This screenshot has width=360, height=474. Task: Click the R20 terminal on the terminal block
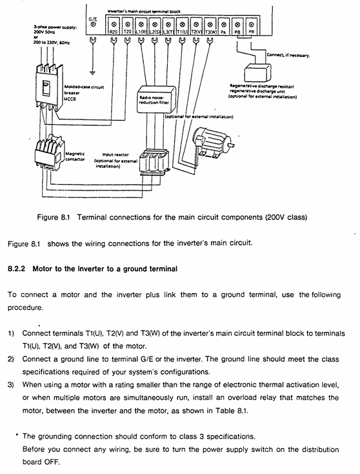(114, 26)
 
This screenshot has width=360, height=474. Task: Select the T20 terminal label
(128, 32)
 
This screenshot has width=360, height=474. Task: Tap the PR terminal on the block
(251, 26)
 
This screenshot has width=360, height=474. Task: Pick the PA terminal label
(223, 32)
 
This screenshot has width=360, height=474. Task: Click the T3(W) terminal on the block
(210, 26)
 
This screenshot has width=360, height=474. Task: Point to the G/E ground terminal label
(93, 19)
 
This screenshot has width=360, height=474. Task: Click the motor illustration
(212, 143)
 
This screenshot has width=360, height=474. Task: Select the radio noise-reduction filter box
(156, 99)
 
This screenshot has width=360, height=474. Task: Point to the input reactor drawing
(154, 162)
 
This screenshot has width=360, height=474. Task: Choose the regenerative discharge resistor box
(257, 72)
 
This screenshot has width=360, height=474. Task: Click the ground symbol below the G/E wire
(93, 72)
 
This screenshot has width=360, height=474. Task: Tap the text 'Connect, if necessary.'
(288, 56)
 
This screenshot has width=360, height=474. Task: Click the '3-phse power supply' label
(55, 27)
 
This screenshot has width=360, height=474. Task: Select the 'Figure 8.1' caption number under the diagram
(54, 218)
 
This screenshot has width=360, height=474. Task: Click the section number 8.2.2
(17, 269)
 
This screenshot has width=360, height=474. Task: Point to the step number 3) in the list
(11, 385)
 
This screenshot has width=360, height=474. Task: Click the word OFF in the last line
(52, 462)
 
